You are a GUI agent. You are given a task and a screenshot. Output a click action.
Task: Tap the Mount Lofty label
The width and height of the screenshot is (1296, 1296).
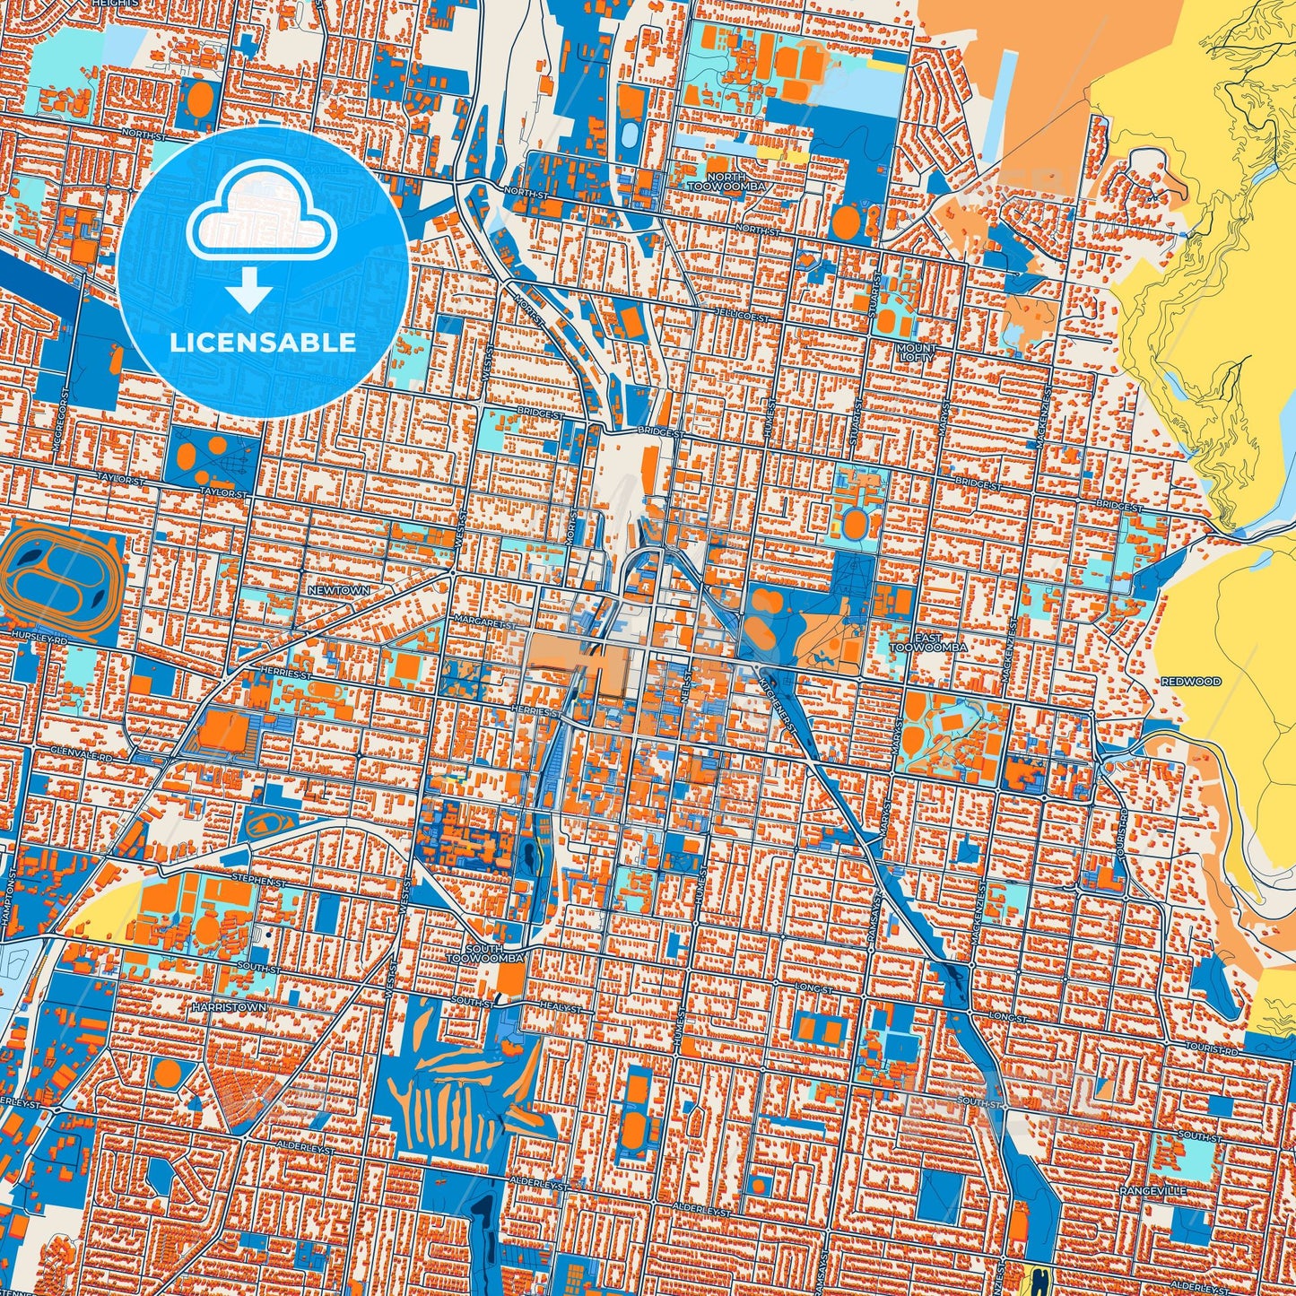[916, 352]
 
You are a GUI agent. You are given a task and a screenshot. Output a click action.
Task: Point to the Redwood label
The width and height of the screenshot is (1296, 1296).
[1190, 681]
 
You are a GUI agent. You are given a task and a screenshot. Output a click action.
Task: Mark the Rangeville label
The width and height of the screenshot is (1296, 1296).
[1152, 1190]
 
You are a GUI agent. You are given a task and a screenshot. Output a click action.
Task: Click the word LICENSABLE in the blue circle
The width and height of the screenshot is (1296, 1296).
[263, 343]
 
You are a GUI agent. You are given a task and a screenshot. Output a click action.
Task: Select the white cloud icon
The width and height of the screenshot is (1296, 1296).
[261, 213]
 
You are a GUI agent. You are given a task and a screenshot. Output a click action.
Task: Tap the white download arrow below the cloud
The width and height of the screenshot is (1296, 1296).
[249, 289]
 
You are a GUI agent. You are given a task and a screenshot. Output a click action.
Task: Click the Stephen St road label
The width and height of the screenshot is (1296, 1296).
[258, 882]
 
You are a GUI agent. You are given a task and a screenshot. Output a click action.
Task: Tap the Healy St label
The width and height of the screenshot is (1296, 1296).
[561, 1009]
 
